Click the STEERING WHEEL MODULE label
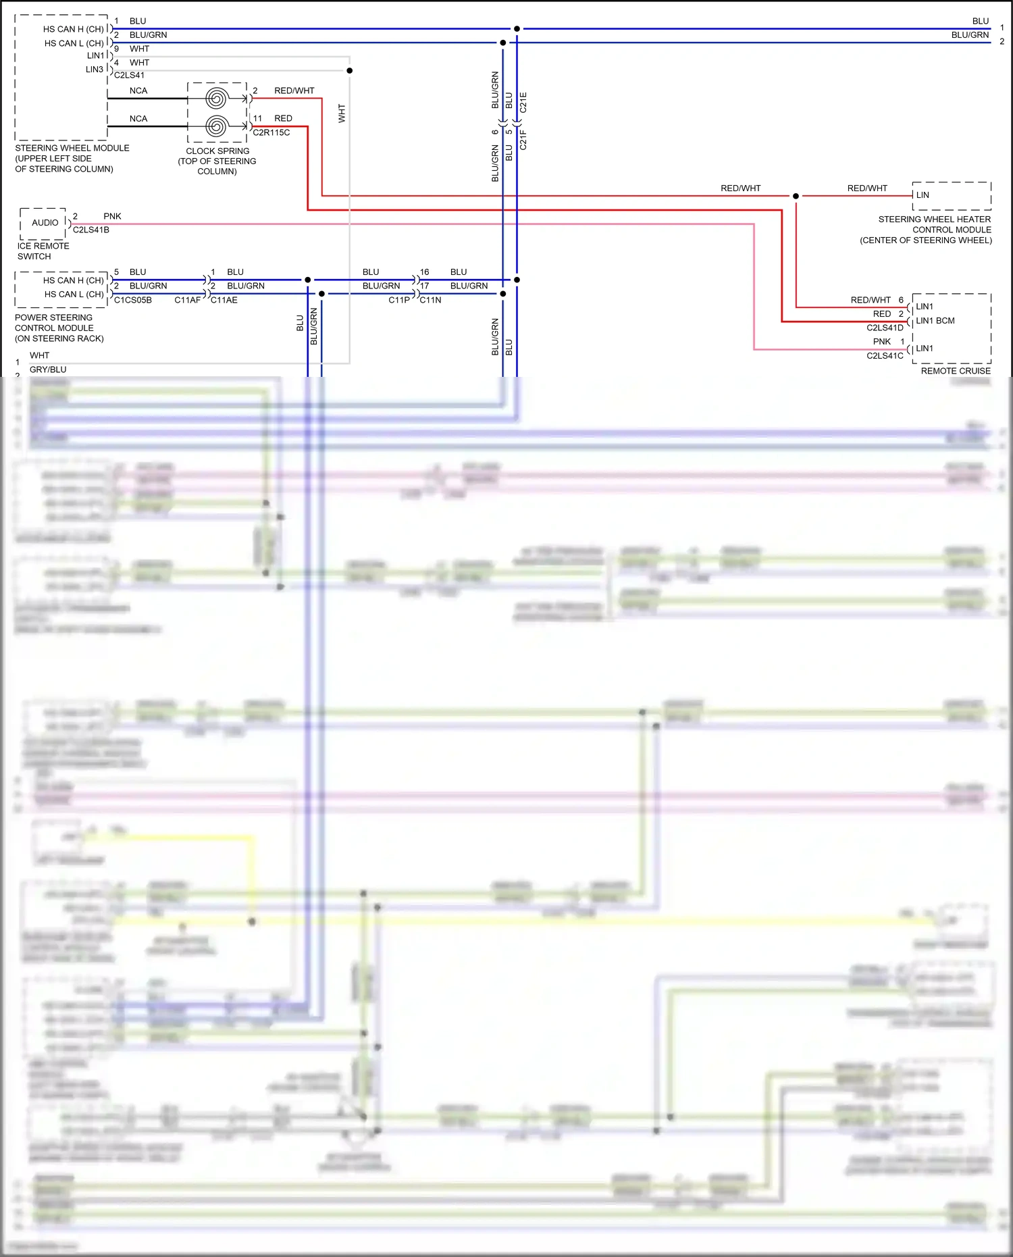[72, 148]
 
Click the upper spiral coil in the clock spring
[216, 99]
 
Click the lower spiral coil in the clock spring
[216, 126]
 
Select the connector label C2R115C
[271, 132]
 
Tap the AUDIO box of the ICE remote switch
[45, 223]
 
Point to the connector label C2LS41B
[91, 230]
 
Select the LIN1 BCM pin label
[935, 321]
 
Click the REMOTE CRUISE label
[956, 371]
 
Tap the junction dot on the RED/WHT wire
[796, 196]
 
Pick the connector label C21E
[523, 102]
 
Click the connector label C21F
[523, 139]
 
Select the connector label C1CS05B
[133, 300]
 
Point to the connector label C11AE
[224, 300]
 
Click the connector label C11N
[430, 300]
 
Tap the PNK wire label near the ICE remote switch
[112, 216]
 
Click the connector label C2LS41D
[885, 328]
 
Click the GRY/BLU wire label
[48, 369]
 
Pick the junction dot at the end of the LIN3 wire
[349, 70]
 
